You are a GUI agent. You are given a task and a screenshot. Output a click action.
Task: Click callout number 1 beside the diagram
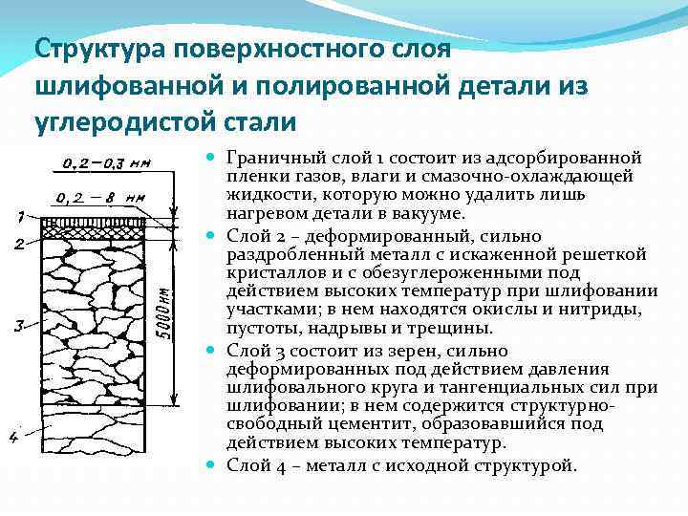point(20,216)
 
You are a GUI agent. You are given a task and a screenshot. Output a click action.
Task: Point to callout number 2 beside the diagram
point(20,245)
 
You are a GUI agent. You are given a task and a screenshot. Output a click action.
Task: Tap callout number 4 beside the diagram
point(13,437)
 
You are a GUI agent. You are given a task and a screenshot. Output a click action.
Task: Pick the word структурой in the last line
point(531,465)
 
